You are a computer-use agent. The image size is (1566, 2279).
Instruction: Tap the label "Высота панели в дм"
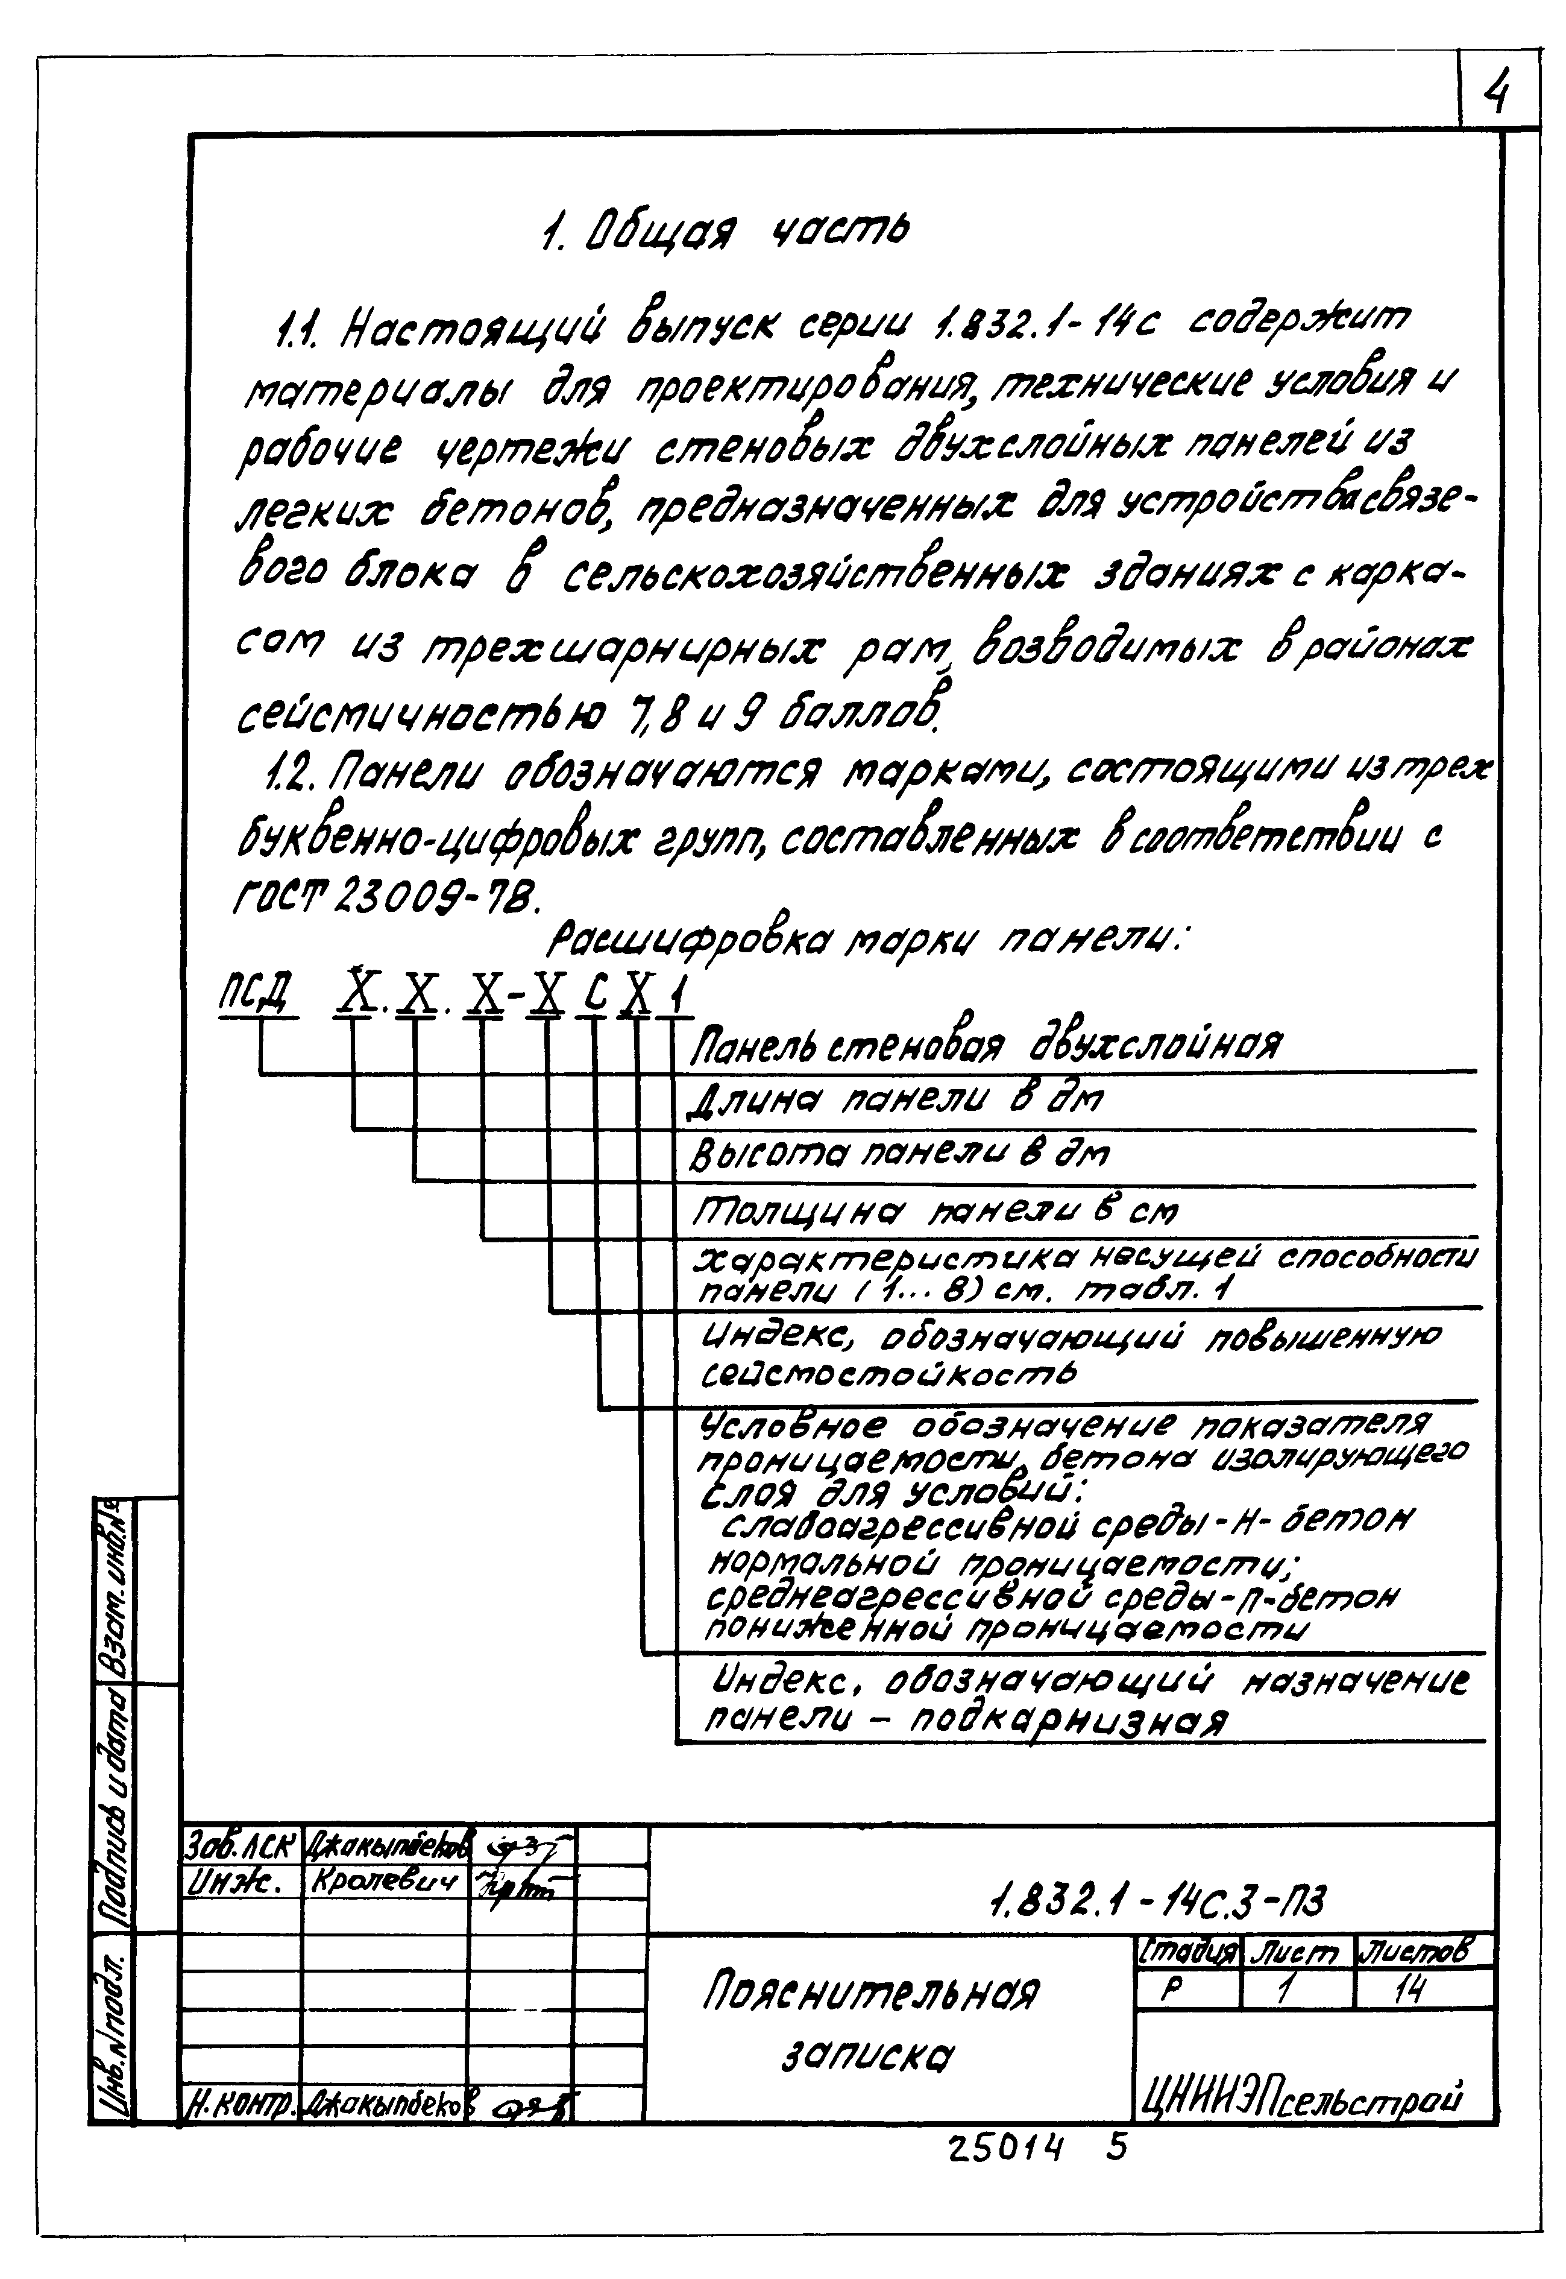coord(900,1155)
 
